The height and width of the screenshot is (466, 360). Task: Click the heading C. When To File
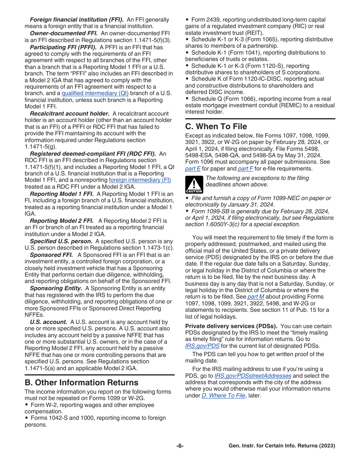(x=216, y=127)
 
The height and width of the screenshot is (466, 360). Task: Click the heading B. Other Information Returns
(x=81, y=382)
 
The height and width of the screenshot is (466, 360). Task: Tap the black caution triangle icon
(x=194, y=185)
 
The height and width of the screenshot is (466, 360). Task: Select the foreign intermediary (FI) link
(x=140, y=180)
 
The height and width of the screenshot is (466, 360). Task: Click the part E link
(x=193, y=169)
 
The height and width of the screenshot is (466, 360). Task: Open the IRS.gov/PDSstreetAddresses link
(x=253, y=376)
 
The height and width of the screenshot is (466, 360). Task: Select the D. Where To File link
(x=223, y=396)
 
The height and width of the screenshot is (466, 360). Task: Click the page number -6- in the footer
(x=180, y=446)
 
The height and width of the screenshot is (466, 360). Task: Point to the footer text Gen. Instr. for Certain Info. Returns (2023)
(x=282, y=446)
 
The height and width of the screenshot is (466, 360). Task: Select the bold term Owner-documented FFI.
(x=64, y=33)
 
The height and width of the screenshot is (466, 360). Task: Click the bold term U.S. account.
(x=49, y=322)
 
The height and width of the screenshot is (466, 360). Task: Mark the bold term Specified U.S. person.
(x=61, y=241)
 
